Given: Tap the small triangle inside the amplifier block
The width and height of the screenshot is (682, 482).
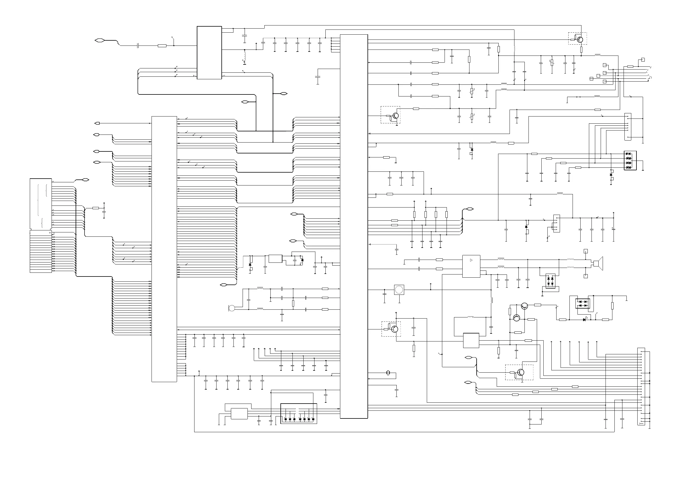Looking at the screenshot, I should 471,260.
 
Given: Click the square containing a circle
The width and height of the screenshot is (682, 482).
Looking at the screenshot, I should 399,290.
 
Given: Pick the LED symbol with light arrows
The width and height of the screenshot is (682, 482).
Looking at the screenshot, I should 584,320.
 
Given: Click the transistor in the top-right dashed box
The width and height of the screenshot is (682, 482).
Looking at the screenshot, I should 580,39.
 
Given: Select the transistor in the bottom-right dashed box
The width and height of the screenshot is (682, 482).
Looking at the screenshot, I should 520,372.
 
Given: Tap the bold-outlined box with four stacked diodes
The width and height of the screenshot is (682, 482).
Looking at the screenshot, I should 630,161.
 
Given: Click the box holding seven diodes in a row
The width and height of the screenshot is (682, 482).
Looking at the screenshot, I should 298,413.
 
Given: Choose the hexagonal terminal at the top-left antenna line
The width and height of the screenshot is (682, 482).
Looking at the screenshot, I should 99,40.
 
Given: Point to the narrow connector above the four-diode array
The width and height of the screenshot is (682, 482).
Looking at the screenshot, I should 628,127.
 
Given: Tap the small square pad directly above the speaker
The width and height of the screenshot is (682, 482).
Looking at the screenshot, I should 585,251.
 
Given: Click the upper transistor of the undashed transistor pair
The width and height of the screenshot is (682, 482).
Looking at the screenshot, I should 524,306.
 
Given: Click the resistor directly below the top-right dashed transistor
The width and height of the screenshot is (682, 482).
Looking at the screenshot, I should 581,50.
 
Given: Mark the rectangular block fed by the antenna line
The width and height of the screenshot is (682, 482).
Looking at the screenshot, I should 209,53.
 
